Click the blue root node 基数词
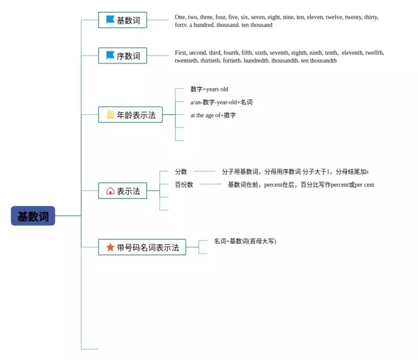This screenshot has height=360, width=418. (x=33, y=216)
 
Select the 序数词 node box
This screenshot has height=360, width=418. (x=123, y=56)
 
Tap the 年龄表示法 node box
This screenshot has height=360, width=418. (x=131, y=115)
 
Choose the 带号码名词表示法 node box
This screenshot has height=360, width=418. (x=142, y=248)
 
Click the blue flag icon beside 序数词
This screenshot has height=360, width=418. (x=110, y=56)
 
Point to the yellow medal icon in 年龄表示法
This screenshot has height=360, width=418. (x=110, y=115)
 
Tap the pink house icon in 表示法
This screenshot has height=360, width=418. (x=110, y=191)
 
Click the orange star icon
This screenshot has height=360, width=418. (x=110, y=247)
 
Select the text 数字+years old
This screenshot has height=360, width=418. (x=209, y=90)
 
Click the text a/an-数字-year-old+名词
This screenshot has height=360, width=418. (x=221, y=103)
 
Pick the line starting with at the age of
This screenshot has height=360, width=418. (x=213, y=116)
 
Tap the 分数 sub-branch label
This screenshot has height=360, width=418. (x=181, y=172)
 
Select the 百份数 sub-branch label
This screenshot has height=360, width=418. (x=184, y=185)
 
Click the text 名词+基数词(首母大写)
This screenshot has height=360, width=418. (x=245, y=241)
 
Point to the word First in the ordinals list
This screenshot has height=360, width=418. (x=181, y=53)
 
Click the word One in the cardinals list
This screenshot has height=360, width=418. (x=180, y=17)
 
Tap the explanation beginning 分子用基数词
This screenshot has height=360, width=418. (x=295, y=172)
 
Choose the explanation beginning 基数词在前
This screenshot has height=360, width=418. (x=300, y=185)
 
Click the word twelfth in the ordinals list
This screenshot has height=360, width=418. (x=374, y=53)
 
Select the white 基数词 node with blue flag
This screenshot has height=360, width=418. (x=123, y=20)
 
